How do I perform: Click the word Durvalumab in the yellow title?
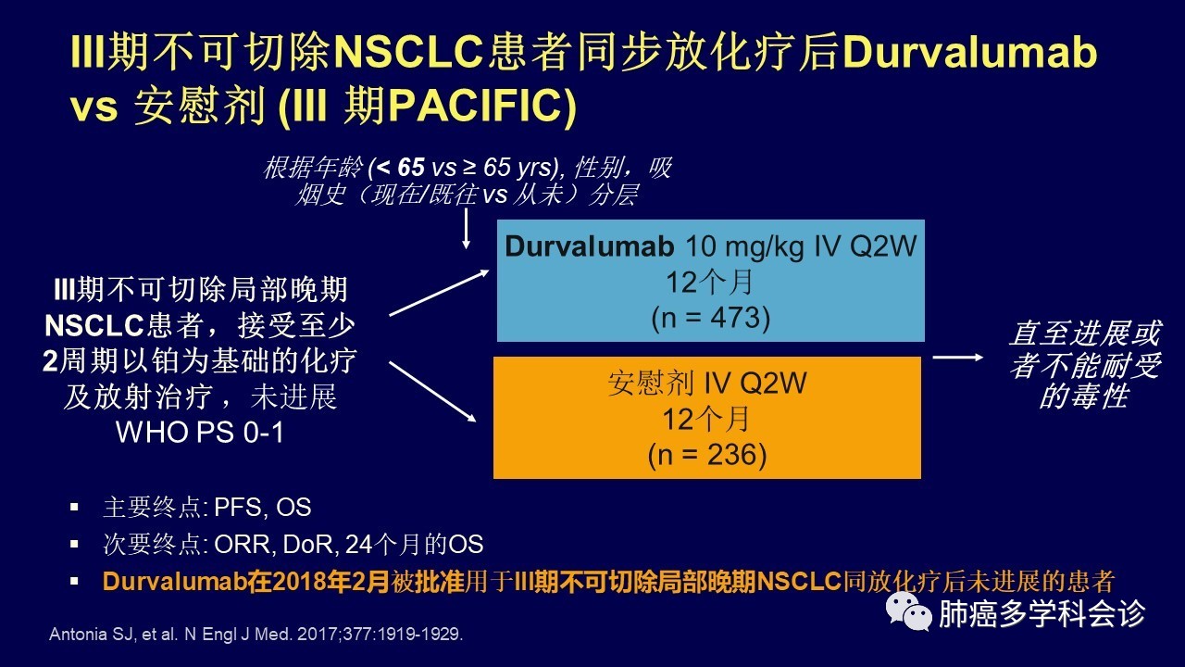[x=969, y=53]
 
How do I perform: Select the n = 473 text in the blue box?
[x=710, y=318]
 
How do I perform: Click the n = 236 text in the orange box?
[x=707, y=455]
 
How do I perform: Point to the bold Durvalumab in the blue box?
[x=590, y=246]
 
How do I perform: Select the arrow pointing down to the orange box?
[x=432, y=392]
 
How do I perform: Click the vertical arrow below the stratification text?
[x=466, y=229]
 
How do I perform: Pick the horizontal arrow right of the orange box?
[x=957, y=358]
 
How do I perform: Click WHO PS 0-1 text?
[x=199, y=433]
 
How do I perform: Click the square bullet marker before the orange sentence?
[x=74, y=581]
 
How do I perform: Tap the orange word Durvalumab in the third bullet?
[x=175, y=581]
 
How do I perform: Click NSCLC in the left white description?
[x=94, y=326]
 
